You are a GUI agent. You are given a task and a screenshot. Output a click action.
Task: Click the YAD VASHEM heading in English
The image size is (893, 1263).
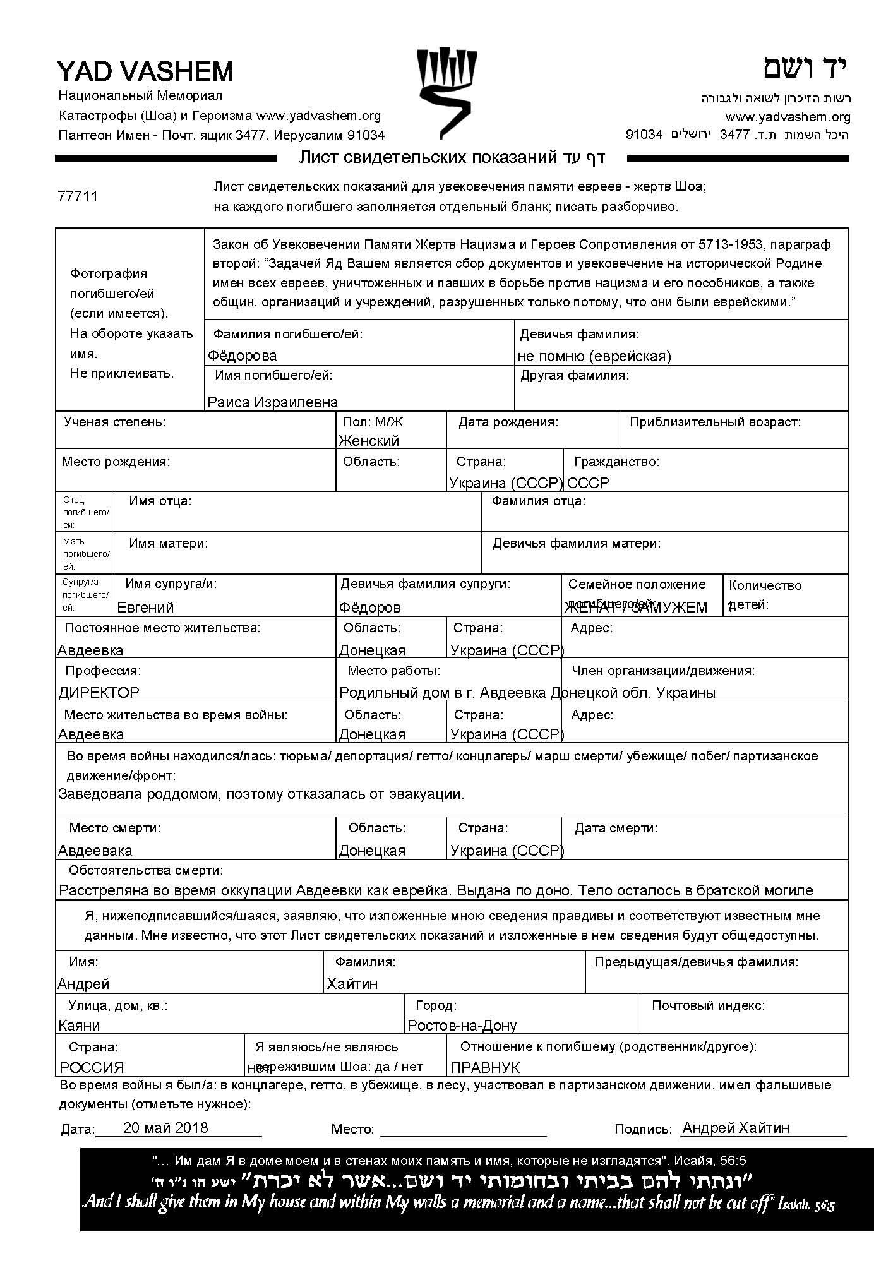coord(145,72)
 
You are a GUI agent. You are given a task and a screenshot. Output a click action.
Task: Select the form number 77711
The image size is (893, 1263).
coord(78,196)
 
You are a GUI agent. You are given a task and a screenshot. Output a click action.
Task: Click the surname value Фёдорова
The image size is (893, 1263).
coord(242,356)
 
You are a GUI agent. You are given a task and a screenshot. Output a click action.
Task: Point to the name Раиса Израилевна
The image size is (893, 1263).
coord(272,402)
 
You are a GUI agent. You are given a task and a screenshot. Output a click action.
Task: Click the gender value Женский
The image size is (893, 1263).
coord(369,440)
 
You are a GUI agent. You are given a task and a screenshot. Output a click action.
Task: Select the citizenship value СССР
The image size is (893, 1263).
coord(588,483)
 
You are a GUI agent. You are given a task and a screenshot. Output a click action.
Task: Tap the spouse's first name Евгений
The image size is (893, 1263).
coord(145,608)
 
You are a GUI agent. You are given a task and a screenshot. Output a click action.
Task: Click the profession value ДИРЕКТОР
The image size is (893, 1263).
coord(99,693)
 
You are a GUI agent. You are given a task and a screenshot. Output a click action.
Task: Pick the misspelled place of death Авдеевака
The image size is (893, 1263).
coord(95,851)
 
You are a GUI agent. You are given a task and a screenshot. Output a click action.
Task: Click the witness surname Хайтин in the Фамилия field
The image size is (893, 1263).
coord(352,984)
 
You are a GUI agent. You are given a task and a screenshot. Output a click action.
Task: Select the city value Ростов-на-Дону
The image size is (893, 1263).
coord(462,1026)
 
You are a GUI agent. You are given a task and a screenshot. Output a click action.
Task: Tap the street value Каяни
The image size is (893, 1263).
coord(79,1026)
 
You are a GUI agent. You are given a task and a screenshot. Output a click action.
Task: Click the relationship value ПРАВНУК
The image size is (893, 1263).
coord(485,1068)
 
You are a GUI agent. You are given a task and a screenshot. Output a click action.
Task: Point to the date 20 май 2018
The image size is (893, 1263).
coord(165,1128)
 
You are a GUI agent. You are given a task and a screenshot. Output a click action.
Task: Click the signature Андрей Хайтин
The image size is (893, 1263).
coord(736,1128)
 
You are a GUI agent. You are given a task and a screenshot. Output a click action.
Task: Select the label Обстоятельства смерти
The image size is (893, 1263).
coord(146,871)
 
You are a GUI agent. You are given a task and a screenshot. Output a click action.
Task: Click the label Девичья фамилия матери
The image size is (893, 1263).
coord(577,543)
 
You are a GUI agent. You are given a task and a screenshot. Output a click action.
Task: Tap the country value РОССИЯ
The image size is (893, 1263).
coord(92,1068)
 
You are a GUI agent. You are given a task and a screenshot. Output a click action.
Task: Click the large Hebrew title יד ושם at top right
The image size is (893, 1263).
coord(805,68)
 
